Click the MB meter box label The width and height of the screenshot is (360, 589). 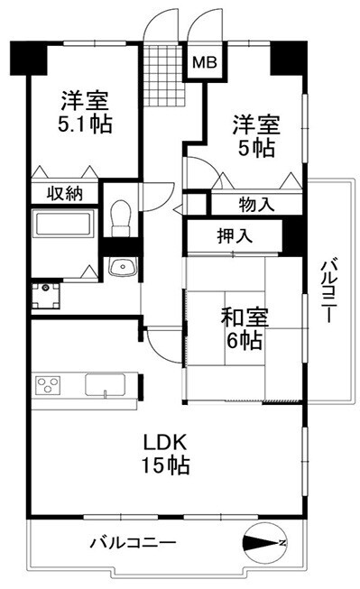click(x=205, y=63)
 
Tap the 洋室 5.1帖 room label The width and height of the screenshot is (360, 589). click(x=85, y=112)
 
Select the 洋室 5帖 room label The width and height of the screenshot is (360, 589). click(x=256, y=136)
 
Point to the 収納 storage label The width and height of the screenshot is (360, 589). click(x=65, y=193)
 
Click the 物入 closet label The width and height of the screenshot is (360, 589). click(x=256, y=205)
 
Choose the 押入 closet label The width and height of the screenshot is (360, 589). click(x=235, y=236)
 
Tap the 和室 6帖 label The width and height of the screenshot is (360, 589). click(x=245, y=328)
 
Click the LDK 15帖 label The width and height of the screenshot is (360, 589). click(x=165, y=454)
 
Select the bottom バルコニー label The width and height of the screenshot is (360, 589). click(x=133, y=543)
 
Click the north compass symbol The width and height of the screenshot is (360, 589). click(x=264, y=543)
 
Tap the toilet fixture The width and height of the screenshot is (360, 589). click(x=121, y=219)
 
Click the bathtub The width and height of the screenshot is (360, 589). click(x=63, y=225)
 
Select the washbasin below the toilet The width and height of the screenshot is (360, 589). click(x=123, y=267)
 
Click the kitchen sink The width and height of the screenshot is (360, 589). click(x=105, y=385)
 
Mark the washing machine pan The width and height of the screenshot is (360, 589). click(x=45, y=296)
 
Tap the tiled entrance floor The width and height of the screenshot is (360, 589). click(x=164, y=75)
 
